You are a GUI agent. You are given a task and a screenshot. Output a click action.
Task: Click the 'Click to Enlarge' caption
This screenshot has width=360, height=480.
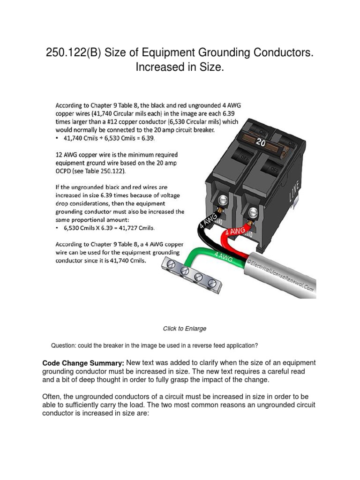[x=184, y=329]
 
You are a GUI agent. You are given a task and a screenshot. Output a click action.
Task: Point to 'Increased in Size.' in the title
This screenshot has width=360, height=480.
[x=180, y=67]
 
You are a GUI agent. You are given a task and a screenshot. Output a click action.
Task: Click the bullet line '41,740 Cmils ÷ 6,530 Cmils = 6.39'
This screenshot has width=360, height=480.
[x=111, y=139]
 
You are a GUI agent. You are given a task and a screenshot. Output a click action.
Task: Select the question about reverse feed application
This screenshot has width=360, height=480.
[x=154, y=346]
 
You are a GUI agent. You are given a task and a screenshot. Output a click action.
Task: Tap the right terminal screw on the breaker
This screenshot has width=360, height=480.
[x=253, y=211]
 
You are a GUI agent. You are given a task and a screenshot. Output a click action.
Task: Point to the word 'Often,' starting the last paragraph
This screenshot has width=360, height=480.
[x=52, y=397]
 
